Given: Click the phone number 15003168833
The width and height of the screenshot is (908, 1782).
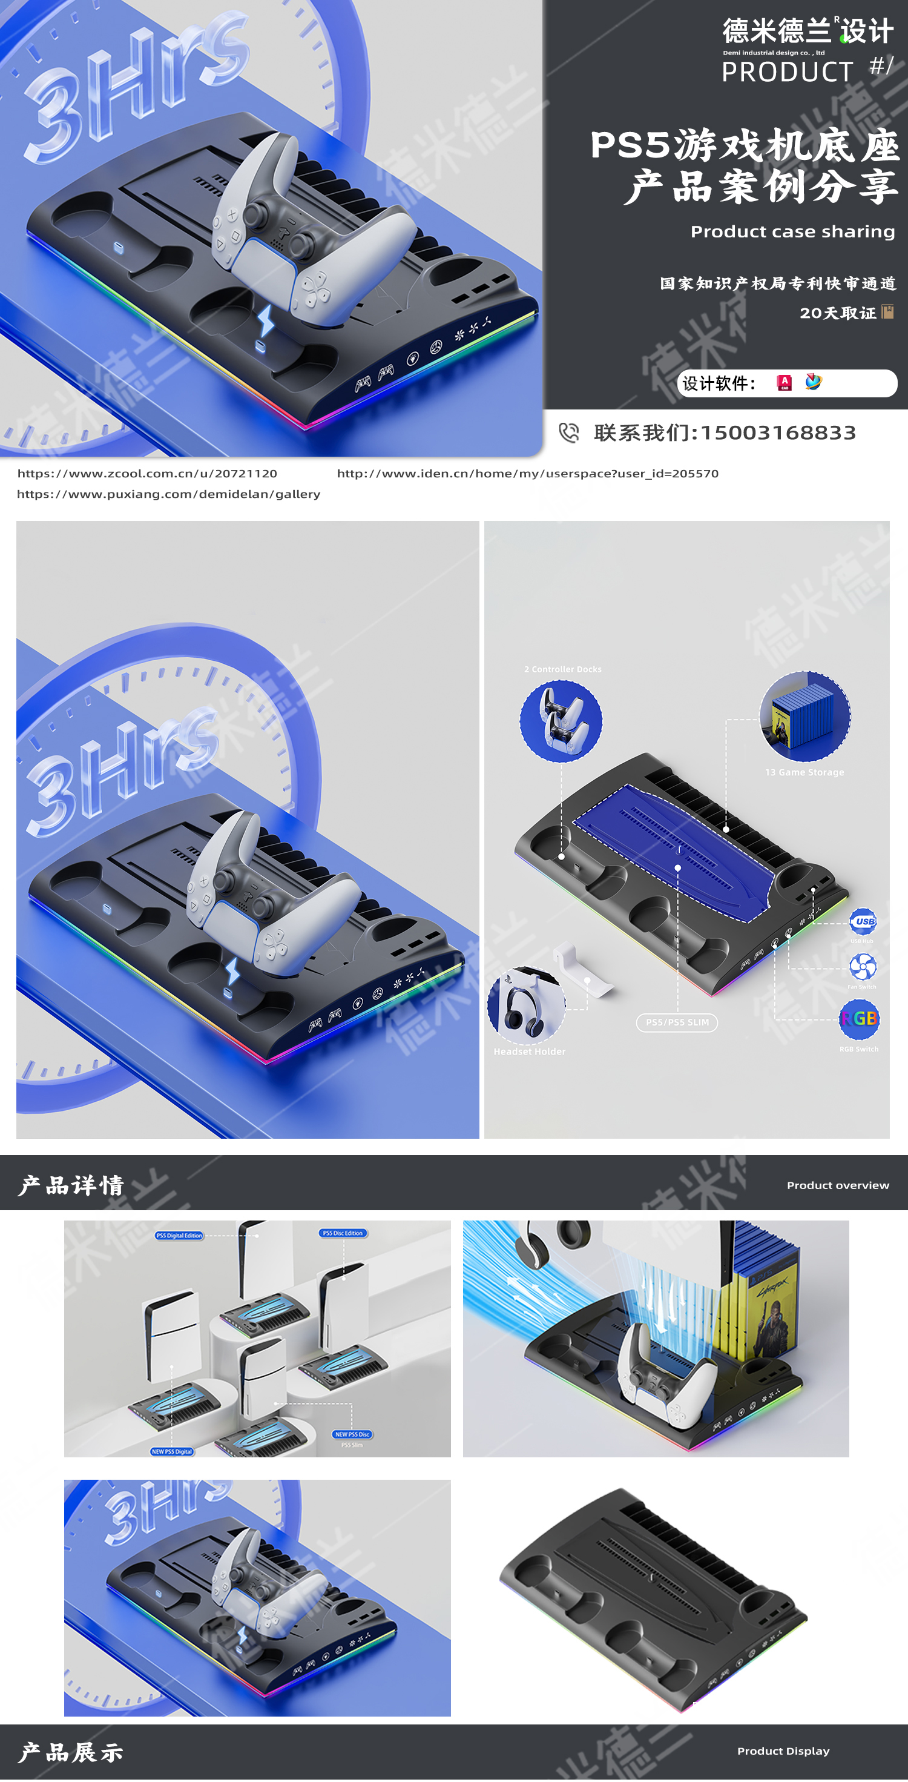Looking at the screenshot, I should click(778, 432).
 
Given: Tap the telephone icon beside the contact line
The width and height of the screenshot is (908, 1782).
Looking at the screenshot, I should click(568, 432).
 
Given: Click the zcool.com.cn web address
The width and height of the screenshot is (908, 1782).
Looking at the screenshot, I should click(146, 473).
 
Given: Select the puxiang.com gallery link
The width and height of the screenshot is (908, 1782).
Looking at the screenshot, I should click(168, 494).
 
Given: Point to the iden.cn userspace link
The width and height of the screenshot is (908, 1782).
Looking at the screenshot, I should click(527, 473).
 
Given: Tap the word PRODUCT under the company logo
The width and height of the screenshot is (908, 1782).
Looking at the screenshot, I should click(787, 72).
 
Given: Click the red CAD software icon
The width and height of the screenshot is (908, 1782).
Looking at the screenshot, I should click(785, 383).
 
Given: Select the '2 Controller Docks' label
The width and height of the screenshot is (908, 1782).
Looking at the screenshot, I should click(562, 669).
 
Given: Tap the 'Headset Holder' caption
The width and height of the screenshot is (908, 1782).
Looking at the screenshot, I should click(529, 1052).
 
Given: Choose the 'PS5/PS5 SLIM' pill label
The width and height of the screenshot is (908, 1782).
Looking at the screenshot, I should click(677, 1022).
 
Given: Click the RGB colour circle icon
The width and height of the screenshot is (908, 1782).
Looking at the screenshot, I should click(859, 1018).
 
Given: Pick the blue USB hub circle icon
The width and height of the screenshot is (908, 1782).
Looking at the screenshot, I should click(863, 921).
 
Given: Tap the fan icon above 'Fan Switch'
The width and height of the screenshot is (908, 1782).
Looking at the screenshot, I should click(863, 966).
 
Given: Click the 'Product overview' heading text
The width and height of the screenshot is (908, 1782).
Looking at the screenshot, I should click(837, 1185).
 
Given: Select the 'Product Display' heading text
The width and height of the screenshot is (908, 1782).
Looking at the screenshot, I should click(783, 1751).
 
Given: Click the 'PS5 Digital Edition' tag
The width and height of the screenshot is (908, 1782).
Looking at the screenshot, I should click(179, 1235).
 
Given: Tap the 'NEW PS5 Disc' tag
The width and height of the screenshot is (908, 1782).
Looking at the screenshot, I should click(352, 1434).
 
